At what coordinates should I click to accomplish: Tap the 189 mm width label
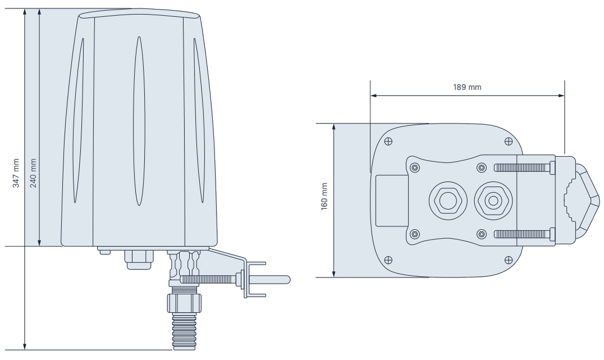tap(468, 87)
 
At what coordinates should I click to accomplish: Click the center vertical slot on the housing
tap(138, 135)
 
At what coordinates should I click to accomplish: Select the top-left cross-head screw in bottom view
tap(389, 140)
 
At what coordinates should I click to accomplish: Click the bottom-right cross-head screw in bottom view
tap(508, 259)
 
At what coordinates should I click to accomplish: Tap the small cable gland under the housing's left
tap(139, 258)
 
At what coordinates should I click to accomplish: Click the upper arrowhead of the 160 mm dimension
tap(334, 127)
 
